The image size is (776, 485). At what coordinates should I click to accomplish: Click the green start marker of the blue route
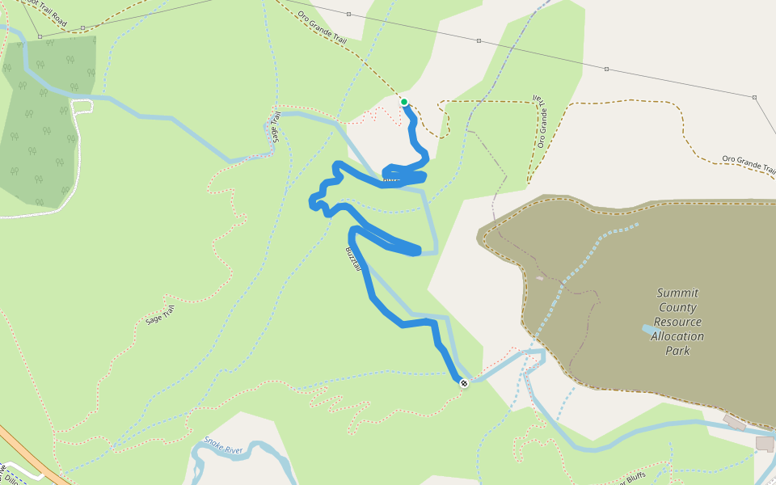click(x=404, y=102)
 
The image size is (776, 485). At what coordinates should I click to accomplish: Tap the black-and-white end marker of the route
click(x=464, y=383)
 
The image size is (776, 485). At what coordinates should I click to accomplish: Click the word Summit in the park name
click(x=677, y=293)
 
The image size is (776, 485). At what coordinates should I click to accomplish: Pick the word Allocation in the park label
click(x=677, y=337)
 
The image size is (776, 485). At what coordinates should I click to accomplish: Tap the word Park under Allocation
click(x=677, y=352)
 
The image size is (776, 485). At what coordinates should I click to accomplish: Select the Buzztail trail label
click(x=352, y=259)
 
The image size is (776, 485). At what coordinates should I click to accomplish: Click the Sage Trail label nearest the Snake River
click(x=159, y=315)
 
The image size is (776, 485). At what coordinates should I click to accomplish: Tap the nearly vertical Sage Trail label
click(x=276, y=128)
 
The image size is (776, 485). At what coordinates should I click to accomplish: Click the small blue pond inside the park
click(x=649, y=330)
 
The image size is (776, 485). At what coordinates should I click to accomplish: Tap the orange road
click(x=32, y=457)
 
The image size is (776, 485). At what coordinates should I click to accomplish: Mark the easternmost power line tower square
click(x=754, y=98)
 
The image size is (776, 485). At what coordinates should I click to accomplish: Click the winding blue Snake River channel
click(x=242, y=449)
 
